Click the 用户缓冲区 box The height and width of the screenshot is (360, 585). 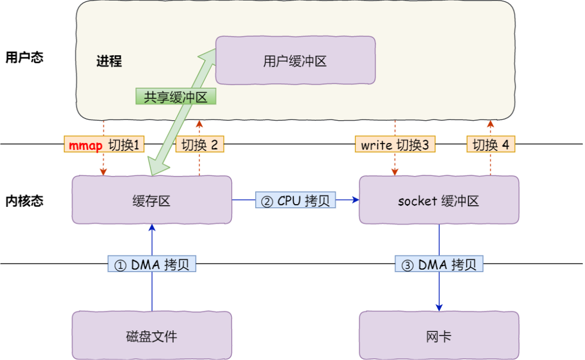[295, 61]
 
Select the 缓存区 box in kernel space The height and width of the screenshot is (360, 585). [152, 200]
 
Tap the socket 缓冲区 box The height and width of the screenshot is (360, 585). [439, 200]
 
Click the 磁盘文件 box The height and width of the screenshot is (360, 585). [152, 336]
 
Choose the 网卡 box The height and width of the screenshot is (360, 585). [439, 336]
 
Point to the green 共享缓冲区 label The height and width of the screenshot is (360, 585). [175, 96]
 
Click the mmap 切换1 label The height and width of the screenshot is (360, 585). [105, 145]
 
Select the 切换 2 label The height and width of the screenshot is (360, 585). [199, 145]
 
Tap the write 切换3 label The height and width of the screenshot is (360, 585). [395, 145]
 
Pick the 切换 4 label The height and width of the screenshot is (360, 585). [491, 145]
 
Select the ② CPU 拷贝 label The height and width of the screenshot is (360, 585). [295, 200]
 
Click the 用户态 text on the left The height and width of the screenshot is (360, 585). [24, 57]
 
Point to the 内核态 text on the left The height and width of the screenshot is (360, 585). [24, 201]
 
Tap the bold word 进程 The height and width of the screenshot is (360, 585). [109, 61]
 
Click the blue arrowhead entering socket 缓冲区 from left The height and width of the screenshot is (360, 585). [355, 200]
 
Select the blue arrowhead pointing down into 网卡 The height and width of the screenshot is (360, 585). [439, 307]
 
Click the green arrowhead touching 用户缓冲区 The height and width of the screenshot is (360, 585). [207, 55]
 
